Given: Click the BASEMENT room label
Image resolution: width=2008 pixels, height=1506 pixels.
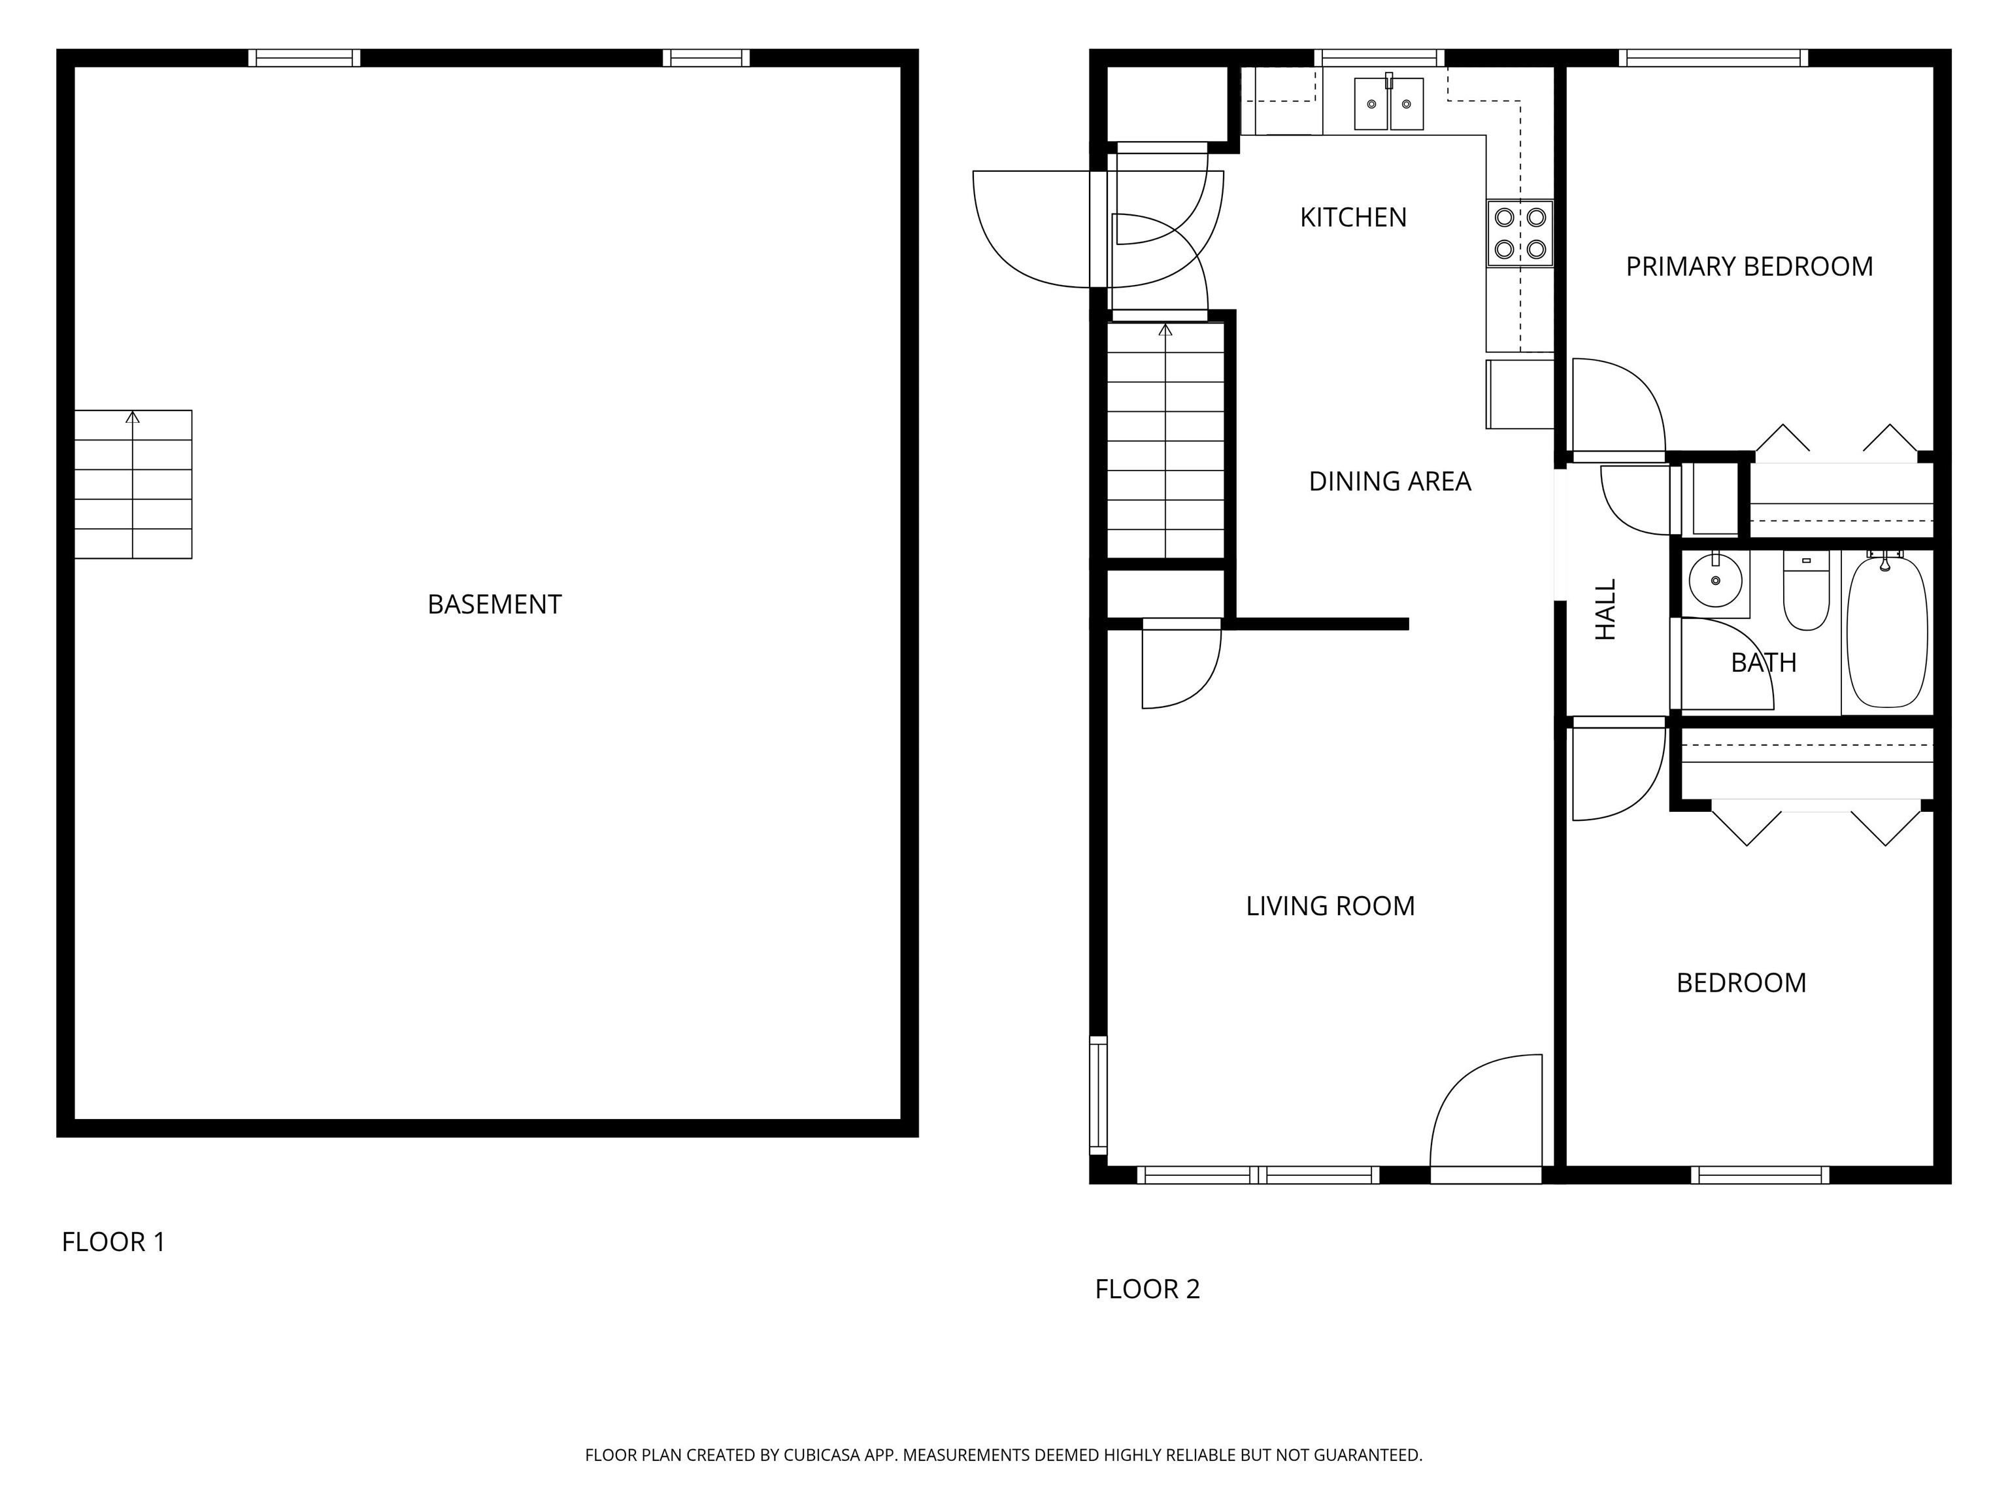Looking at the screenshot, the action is pos(495,605).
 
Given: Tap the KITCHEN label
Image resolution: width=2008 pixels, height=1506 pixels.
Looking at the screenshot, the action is pos(1354,218).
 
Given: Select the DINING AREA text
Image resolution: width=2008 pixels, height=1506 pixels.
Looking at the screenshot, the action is pos(1390,481).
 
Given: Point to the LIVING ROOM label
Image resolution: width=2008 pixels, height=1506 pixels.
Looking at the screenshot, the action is pos(1330,906).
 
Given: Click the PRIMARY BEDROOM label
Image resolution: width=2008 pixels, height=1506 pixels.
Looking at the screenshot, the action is pos(1749,267).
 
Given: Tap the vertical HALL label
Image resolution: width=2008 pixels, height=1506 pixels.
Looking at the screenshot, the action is pos(1607,610).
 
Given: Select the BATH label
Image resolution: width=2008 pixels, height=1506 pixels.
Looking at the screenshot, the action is pos(1764,663).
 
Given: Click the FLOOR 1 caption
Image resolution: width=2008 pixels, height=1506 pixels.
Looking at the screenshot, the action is pos(114,1242).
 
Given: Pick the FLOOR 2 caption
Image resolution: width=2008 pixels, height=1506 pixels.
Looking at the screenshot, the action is pos(1147,1289).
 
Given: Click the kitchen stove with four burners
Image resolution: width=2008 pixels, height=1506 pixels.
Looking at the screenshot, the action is pos(1520,233).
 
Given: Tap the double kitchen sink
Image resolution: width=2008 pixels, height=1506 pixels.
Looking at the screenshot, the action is pos(1389,103).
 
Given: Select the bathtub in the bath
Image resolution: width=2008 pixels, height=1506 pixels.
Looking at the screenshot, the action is pos(1887,632).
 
